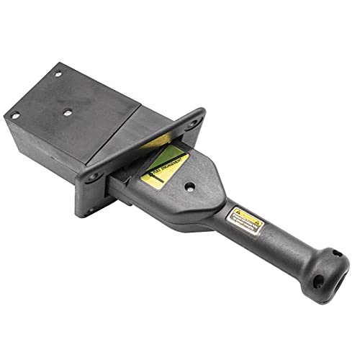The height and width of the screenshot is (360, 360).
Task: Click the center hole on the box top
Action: [66, 112]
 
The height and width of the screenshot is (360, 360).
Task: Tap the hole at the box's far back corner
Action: [57, 73]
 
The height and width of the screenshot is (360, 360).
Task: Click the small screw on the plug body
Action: [189, 186]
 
